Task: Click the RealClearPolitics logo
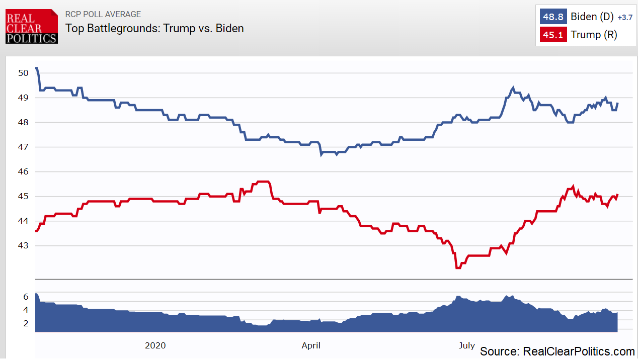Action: tap(32, 26)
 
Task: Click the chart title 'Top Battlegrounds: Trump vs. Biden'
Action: tap(154, 28)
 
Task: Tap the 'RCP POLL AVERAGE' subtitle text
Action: tap(103, 14)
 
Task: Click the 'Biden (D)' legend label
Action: tap(592, 17)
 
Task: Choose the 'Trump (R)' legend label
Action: tap(593, 35)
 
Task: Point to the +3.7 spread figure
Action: tap(624, 18)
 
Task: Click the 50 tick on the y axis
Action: tap(23, 73)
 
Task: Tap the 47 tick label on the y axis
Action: tap(23, 147)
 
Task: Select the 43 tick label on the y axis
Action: tap(23, 246)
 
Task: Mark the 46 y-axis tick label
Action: tap(23, 171)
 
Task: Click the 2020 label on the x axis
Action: tap(155, 345)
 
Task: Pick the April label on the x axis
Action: tap(311, 345)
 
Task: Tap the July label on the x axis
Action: tap(466, 345)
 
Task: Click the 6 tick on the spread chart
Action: tap(26, 297)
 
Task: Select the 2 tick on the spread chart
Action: tap(26, 323)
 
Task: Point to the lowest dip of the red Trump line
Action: tap(457, 268)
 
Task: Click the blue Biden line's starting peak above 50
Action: tap(36, 68)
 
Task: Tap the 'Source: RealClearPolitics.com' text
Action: tap(557, 351)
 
